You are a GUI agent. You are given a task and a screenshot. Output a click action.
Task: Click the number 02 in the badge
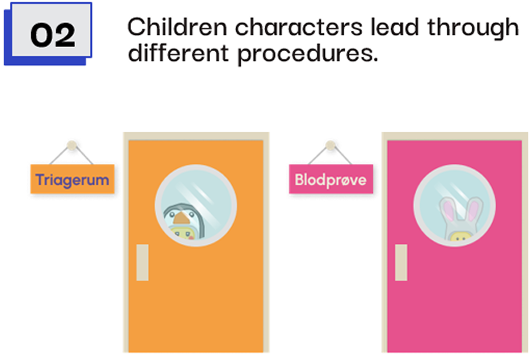pos(52,35)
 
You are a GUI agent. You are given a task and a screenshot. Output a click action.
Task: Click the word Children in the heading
pos(177,27)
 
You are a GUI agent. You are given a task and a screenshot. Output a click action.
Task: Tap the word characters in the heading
pos(299,27)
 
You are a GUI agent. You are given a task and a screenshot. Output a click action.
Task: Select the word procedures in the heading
pos(308,53)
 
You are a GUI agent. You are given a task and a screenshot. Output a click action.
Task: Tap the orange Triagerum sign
pos(73,179)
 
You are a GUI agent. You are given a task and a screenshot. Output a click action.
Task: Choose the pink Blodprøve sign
pos(331,179)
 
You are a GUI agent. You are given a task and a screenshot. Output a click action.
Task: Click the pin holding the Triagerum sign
pos(72,145)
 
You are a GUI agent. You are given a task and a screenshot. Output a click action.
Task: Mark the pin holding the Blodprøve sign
pos(331,145)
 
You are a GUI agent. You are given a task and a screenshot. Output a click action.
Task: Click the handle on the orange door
pos(142,262)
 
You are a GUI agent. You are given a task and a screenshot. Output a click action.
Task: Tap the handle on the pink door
pos(401,262)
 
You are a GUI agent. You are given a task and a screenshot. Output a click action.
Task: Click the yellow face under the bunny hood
pos(459,236)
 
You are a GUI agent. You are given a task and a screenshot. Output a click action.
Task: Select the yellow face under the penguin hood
pos(183,233)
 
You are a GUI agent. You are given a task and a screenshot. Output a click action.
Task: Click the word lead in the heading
pos(395,27)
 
